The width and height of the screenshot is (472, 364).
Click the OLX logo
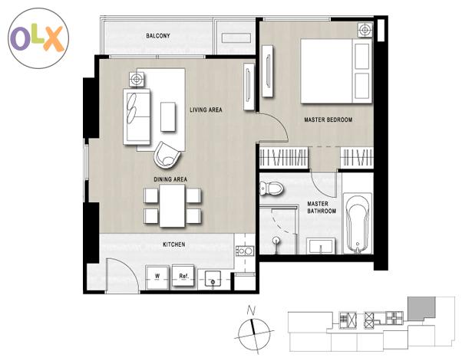[38, 38]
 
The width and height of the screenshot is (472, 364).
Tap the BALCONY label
[158, 36]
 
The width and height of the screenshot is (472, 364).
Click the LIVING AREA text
[206, 110]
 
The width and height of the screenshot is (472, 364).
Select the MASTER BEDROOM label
[328, 120]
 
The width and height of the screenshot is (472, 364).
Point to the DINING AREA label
[170, 179]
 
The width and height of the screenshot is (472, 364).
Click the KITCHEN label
[174, 244]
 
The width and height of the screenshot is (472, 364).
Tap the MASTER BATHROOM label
[322, 208]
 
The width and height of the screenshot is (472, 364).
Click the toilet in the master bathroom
[271, 189]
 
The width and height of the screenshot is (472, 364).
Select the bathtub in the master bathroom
[358, 224]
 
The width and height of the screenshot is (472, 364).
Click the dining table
[172, 206]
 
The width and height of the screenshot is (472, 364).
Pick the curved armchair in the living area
[167, 155]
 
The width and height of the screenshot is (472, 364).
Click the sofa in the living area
[137, 116]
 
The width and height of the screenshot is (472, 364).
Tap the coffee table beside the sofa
[168, 116]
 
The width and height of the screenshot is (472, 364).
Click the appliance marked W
[157, 277]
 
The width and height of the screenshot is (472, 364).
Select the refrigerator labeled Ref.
[183, 277]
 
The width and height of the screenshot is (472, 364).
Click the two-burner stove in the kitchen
[245, 251]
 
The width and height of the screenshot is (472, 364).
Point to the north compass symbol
[253, 330]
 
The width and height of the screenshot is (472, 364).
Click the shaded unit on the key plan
[421, 308]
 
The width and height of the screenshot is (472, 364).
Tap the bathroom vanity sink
[321, 246]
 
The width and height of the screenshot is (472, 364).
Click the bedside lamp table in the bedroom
[365, 30]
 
